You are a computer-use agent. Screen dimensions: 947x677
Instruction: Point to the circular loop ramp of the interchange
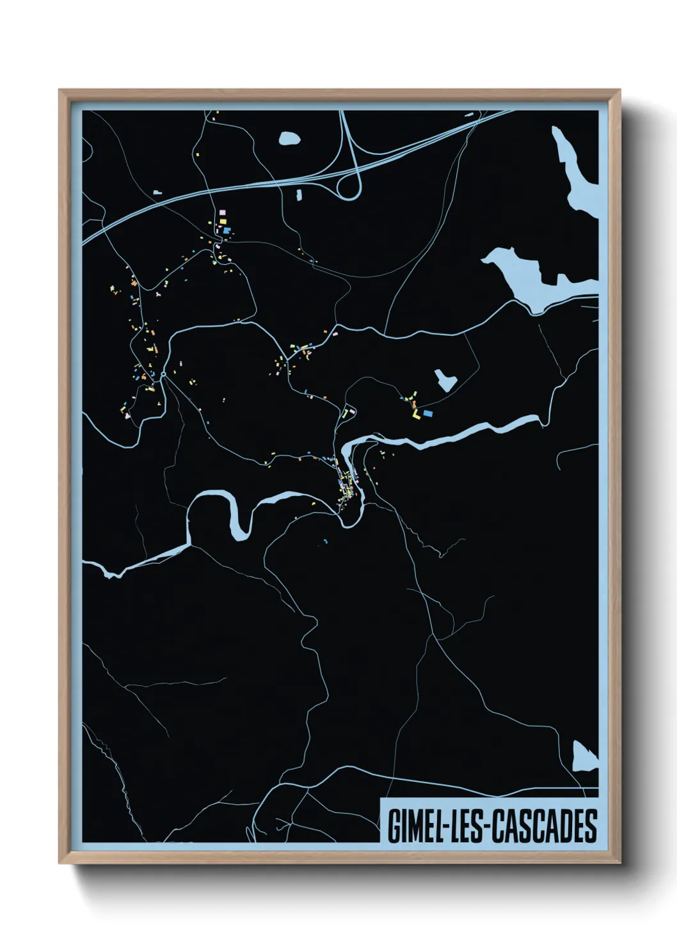(349, 187)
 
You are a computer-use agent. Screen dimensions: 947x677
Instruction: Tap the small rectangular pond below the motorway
(298, 195)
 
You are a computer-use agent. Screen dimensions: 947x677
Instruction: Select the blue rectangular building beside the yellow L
(427, 414)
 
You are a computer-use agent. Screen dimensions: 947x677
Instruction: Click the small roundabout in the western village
(164, 374)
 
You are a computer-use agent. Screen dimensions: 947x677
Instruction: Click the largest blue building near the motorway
(227, 230)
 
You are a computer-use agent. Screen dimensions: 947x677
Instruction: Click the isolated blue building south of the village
(326, 542)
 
